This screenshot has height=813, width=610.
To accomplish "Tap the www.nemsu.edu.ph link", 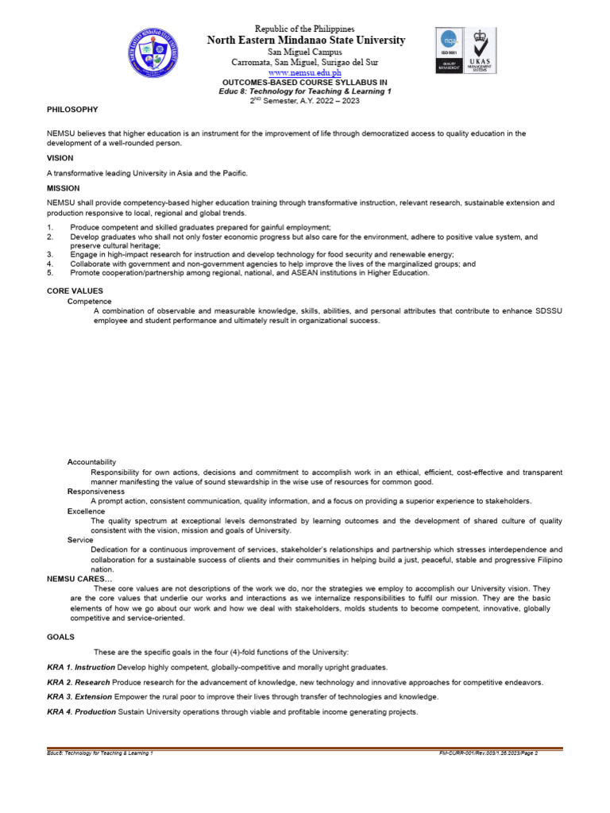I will click(306, 72).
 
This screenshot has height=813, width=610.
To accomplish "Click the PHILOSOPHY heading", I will click(72, 109).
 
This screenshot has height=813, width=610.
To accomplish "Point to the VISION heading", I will click(60, 158).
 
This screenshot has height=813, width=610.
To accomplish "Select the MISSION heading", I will click(64, 188).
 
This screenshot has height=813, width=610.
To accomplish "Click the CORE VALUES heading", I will click(75, 291).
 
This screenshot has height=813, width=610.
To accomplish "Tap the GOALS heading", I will click(60, 637).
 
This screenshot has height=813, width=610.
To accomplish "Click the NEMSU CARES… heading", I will click(79, 579).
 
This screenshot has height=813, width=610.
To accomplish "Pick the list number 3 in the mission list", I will click(50, 254).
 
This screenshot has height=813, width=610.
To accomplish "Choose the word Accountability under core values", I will click(92, 461).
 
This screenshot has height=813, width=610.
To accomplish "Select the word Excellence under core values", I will click(87, 511).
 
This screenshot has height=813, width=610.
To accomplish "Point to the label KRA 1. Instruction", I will click(81, 668).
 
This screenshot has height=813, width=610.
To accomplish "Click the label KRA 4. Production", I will click(81, 712).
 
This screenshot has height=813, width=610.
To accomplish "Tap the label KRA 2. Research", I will click(79, 683).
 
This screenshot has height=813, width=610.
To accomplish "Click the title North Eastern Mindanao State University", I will click(306, 40).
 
